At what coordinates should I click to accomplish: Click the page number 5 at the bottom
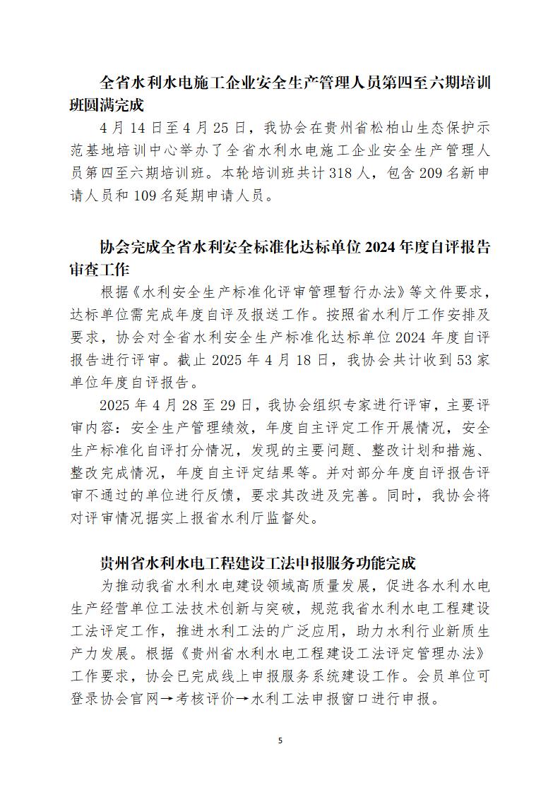pyautogui.click(x=280, y=740)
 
